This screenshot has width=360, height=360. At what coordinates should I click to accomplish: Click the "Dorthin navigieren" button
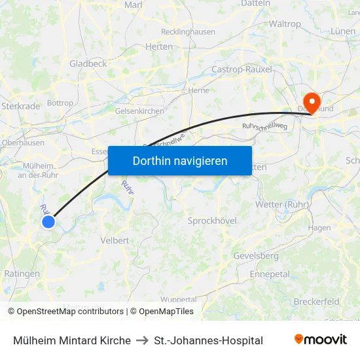click(x=180, y=160)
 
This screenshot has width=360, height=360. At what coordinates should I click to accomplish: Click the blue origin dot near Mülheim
click(x=48, y=222)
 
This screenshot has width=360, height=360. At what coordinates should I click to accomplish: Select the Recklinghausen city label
click(x=188, y=31)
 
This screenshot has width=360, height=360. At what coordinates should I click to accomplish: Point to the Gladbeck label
click(x=88, y=63)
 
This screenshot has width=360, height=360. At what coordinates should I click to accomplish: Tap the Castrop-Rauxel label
click(x=242, y=69)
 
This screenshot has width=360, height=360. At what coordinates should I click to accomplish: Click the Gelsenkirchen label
click(x=139, y=111)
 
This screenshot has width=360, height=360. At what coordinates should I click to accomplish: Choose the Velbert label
click(x=115, y=240)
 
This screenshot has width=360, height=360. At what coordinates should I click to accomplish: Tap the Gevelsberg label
click(x=256, y=255)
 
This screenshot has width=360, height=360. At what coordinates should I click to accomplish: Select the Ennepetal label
click(x=270, y=274)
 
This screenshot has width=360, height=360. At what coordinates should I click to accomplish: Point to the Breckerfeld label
click(x=316, y=302)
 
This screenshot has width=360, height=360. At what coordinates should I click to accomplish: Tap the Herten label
click(x=159, y=46)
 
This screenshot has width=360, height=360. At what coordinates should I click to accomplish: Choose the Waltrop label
click(x=285, y=24)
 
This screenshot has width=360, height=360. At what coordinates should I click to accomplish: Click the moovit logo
click(x=320, y=340)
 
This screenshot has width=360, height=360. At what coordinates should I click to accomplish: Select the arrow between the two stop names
click(x=142, y=340)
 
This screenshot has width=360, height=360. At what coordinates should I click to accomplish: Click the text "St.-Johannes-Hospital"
click(x=208, y=340)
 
